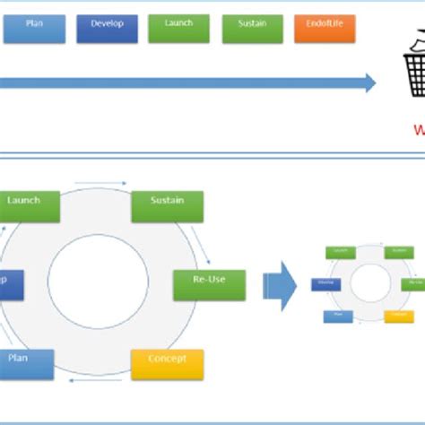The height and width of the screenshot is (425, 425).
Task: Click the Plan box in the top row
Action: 34,29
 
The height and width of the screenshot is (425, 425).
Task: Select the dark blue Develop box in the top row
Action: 107,29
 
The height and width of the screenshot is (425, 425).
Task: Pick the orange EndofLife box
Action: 325,29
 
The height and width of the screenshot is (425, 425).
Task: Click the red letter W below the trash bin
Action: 419,129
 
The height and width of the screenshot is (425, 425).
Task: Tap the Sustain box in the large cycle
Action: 168,205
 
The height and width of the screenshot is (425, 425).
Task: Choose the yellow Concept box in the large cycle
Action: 168,363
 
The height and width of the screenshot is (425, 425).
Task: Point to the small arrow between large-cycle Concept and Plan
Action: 94,384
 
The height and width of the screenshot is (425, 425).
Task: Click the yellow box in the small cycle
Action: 398,316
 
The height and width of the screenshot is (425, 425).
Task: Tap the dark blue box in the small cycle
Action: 325,284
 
